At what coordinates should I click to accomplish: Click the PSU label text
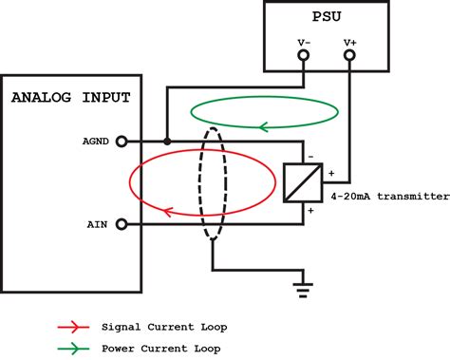tap(327, 17)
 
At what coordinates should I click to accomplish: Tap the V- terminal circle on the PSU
tap(304, 56)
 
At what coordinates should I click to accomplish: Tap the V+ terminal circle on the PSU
tap(349, 56)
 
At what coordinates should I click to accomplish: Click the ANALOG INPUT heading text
tap(71, 98)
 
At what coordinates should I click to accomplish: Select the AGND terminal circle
tap(121, 141)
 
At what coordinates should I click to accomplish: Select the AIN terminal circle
tap(121, 224)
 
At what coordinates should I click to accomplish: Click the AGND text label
tap(95, 141)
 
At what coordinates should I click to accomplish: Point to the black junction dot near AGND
tap(167, 141)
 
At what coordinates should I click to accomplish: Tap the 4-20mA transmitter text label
tap(389, 197)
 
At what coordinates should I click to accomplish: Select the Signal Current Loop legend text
tap(163, 326)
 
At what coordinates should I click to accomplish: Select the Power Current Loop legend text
tap(159, 348)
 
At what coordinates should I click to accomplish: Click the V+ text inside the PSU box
tap(349, 42)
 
